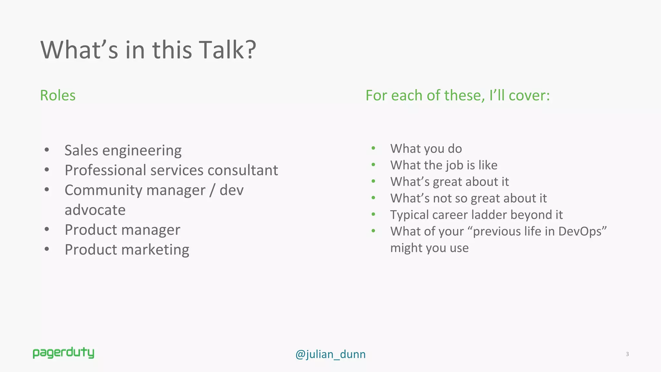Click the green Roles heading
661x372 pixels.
58,95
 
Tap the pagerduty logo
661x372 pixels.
64,353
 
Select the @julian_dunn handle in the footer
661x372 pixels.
330,354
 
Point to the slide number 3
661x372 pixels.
627,354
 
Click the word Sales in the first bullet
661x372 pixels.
81,150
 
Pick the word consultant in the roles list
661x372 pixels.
243,170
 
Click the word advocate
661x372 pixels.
95,210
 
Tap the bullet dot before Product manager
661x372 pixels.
47,229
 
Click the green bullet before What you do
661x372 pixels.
373,148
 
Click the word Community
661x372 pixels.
103,190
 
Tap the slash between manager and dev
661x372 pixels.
212,190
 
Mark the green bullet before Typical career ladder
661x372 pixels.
373,214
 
